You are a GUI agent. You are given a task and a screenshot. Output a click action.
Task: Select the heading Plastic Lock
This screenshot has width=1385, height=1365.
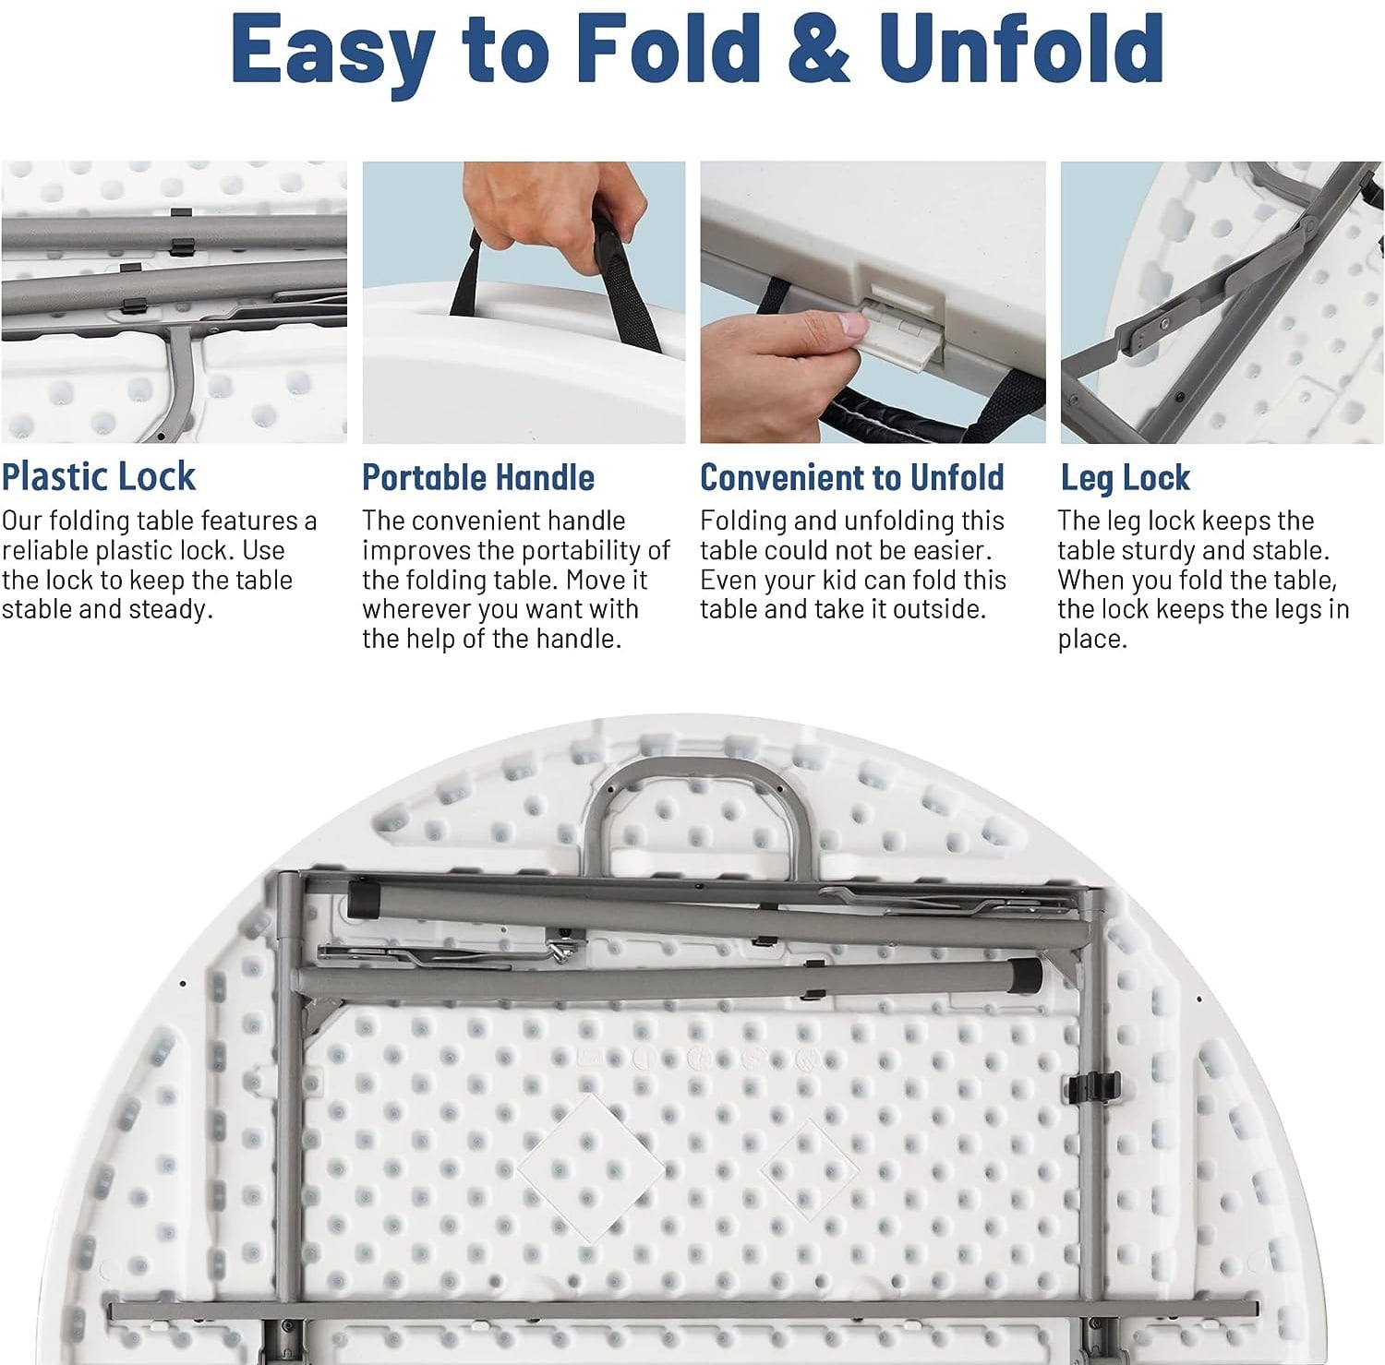(x=98, y=476)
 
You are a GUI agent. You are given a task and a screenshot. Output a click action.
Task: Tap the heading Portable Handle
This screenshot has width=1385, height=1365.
(x=478, y=477)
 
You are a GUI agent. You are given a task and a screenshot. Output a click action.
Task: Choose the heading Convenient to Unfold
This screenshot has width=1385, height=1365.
(x=851, y=477)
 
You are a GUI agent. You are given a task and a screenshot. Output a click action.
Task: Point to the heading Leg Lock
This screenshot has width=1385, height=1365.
(x=1125, y=478)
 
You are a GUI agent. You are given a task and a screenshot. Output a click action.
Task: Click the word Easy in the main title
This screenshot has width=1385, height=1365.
(x=333, y=51)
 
